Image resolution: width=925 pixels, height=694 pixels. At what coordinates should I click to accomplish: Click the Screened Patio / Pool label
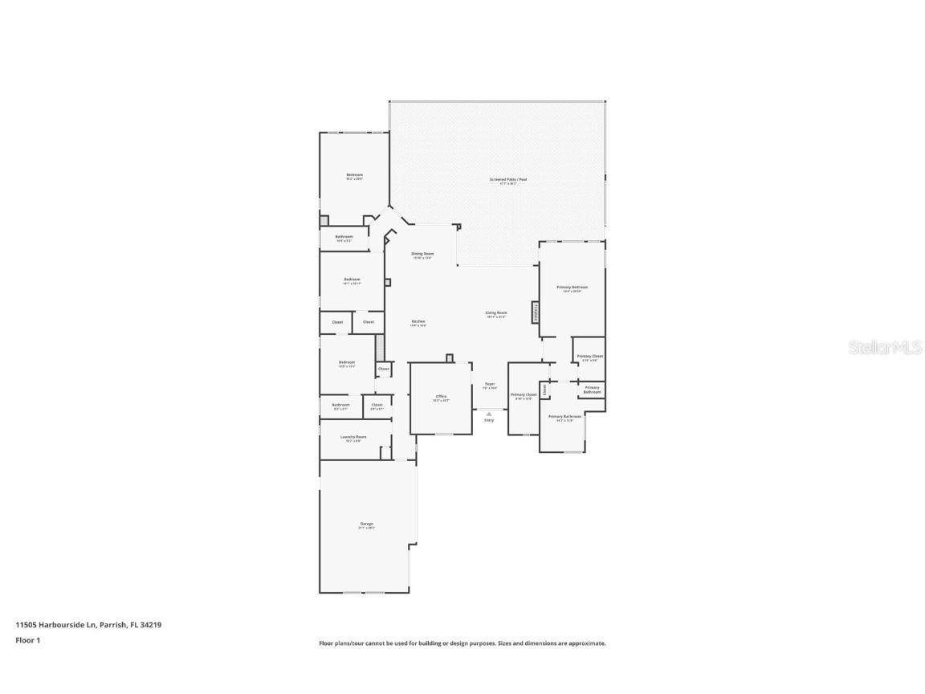pyautogui.click(x=507, y=181)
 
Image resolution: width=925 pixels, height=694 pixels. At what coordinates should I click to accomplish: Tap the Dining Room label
pyautogui.click(x=422, y=255)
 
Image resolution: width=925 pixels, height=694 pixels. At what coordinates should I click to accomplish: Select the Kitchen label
pyautogui.click(x=418, y=323)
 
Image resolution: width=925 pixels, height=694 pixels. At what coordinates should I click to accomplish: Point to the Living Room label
pyautogui.click(x=495, y=314)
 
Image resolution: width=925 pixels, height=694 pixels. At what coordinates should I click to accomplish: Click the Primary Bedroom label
pyautogui.click(x=572, y=288)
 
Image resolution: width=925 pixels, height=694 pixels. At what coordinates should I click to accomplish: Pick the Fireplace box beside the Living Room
pyautogui.click(x=535, y=312)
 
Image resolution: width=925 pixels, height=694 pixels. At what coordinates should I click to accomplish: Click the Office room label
pyautogui.click(x=441, y=398)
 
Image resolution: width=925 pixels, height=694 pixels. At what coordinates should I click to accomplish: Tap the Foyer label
pyautogui.click(x=489, y=386)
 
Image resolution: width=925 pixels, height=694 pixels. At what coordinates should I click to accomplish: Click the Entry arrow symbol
pyautogui.click(x=489, y=414)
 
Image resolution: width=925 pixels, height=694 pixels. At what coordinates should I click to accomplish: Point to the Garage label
pyautogui.click(x=365, y=525)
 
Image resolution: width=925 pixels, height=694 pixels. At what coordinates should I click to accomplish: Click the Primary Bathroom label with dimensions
pyautogui.click(x=564, y=418)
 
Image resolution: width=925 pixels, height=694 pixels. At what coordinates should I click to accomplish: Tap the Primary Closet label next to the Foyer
pyautogui.click(x=524, y=396)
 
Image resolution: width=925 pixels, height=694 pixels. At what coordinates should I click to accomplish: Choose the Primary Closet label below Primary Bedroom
pyautogui.click(x=589, y=357)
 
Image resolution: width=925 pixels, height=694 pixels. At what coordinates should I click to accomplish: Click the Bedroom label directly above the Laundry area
pyautogui.click(x=346, y=363)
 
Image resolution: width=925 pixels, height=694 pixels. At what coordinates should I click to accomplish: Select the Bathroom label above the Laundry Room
pyautogui.click(x=340, y=406)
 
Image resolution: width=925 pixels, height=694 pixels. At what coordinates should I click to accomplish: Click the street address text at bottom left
pyautogui.click(x=88, y=624)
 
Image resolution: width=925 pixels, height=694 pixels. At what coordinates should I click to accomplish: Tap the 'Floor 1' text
pyautogui.click(x=27, y=640)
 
